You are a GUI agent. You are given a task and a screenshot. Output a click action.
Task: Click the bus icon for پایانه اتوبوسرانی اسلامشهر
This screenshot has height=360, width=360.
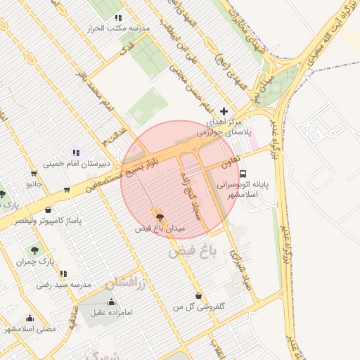pyautogui.click(x=243, y=173)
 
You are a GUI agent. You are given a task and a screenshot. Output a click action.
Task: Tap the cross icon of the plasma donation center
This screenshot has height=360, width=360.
pyautogui.click(x=224, y=110)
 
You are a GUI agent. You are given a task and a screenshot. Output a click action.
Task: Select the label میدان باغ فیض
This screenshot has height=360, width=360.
pyautogui.click(x=160, y=229)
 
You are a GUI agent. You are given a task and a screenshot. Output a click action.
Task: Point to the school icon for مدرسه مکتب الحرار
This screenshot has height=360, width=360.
pyautogui.click(x=118, y=17)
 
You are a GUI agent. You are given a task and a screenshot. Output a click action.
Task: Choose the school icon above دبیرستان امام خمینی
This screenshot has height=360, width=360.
pyautogui.click(x=76, y=152)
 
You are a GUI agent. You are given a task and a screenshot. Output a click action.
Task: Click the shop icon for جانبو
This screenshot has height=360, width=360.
pyautogui.click(x=34, y=173)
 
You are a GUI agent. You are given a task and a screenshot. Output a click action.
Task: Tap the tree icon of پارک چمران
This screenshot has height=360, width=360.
pyautogui.click(x=34, y=250)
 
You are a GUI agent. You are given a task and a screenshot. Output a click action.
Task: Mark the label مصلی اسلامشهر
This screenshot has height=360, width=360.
pyautogui.click(x=30, y=328)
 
